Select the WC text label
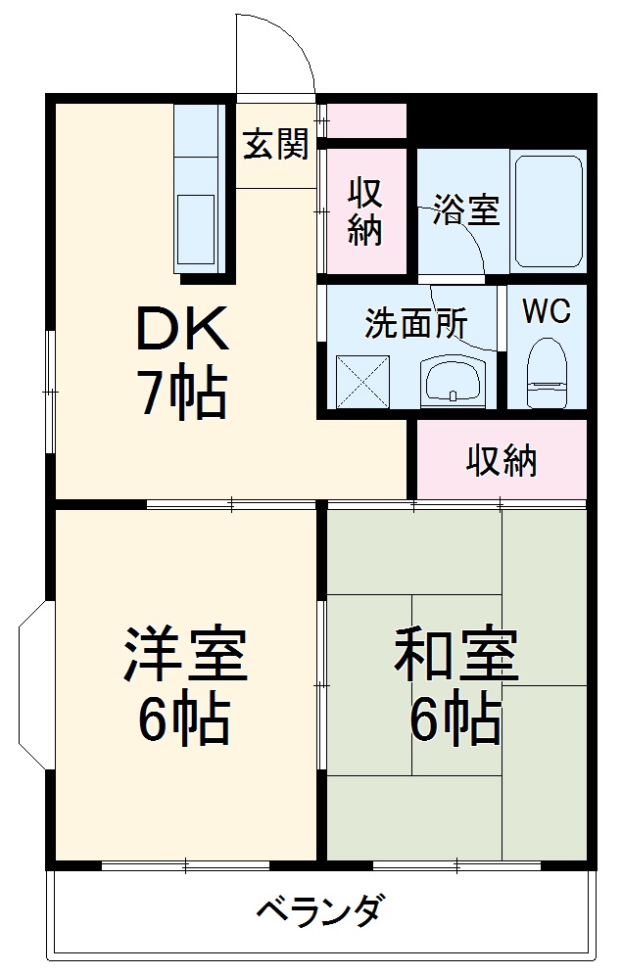point(546,311)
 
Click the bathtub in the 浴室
point(549,209)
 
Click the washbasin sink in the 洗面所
point(452,379)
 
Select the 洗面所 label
point(415,323)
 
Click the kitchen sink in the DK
point(196,229)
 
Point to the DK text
point(181,330)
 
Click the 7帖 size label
point(181,394)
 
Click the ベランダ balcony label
point(319,912)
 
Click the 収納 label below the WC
point(501,459)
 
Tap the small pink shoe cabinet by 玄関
point(365,119)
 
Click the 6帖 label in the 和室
point(455,722)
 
